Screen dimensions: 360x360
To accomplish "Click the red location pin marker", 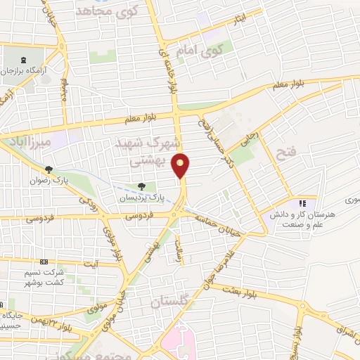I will click(181, 165).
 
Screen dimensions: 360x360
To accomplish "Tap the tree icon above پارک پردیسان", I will click(142, 187).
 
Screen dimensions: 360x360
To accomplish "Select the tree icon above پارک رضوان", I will click(49, 169).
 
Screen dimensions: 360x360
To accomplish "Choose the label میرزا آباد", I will click(27, 143).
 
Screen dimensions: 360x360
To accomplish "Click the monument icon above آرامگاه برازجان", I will click(26, 60).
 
